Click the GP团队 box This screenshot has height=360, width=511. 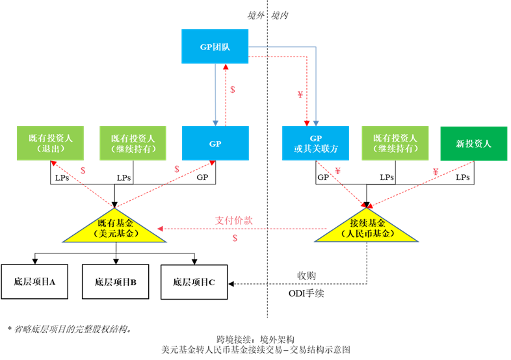[215, 46]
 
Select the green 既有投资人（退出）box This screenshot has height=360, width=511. [50, 143]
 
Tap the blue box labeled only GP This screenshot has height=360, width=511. [215, 143]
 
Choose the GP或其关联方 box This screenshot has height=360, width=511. [316, 143]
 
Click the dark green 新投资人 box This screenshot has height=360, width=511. [473, 143]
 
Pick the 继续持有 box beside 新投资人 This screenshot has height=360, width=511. [395, 143]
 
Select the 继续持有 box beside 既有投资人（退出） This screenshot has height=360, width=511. [133, 143]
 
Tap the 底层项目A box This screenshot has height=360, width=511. [34, 281]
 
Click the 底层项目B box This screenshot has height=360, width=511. [115, 281]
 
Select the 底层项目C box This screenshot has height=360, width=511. [194, 282]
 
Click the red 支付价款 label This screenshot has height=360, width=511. [233, 220]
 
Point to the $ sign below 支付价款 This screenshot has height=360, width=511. [235, 238]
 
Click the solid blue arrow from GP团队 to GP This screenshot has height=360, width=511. [215, 94]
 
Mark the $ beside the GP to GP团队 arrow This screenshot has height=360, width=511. [233, 90]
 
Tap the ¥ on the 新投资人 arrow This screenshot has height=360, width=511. [435, 172]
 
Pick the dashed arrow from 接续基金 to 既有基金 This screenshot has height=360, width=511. [247, 229]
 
